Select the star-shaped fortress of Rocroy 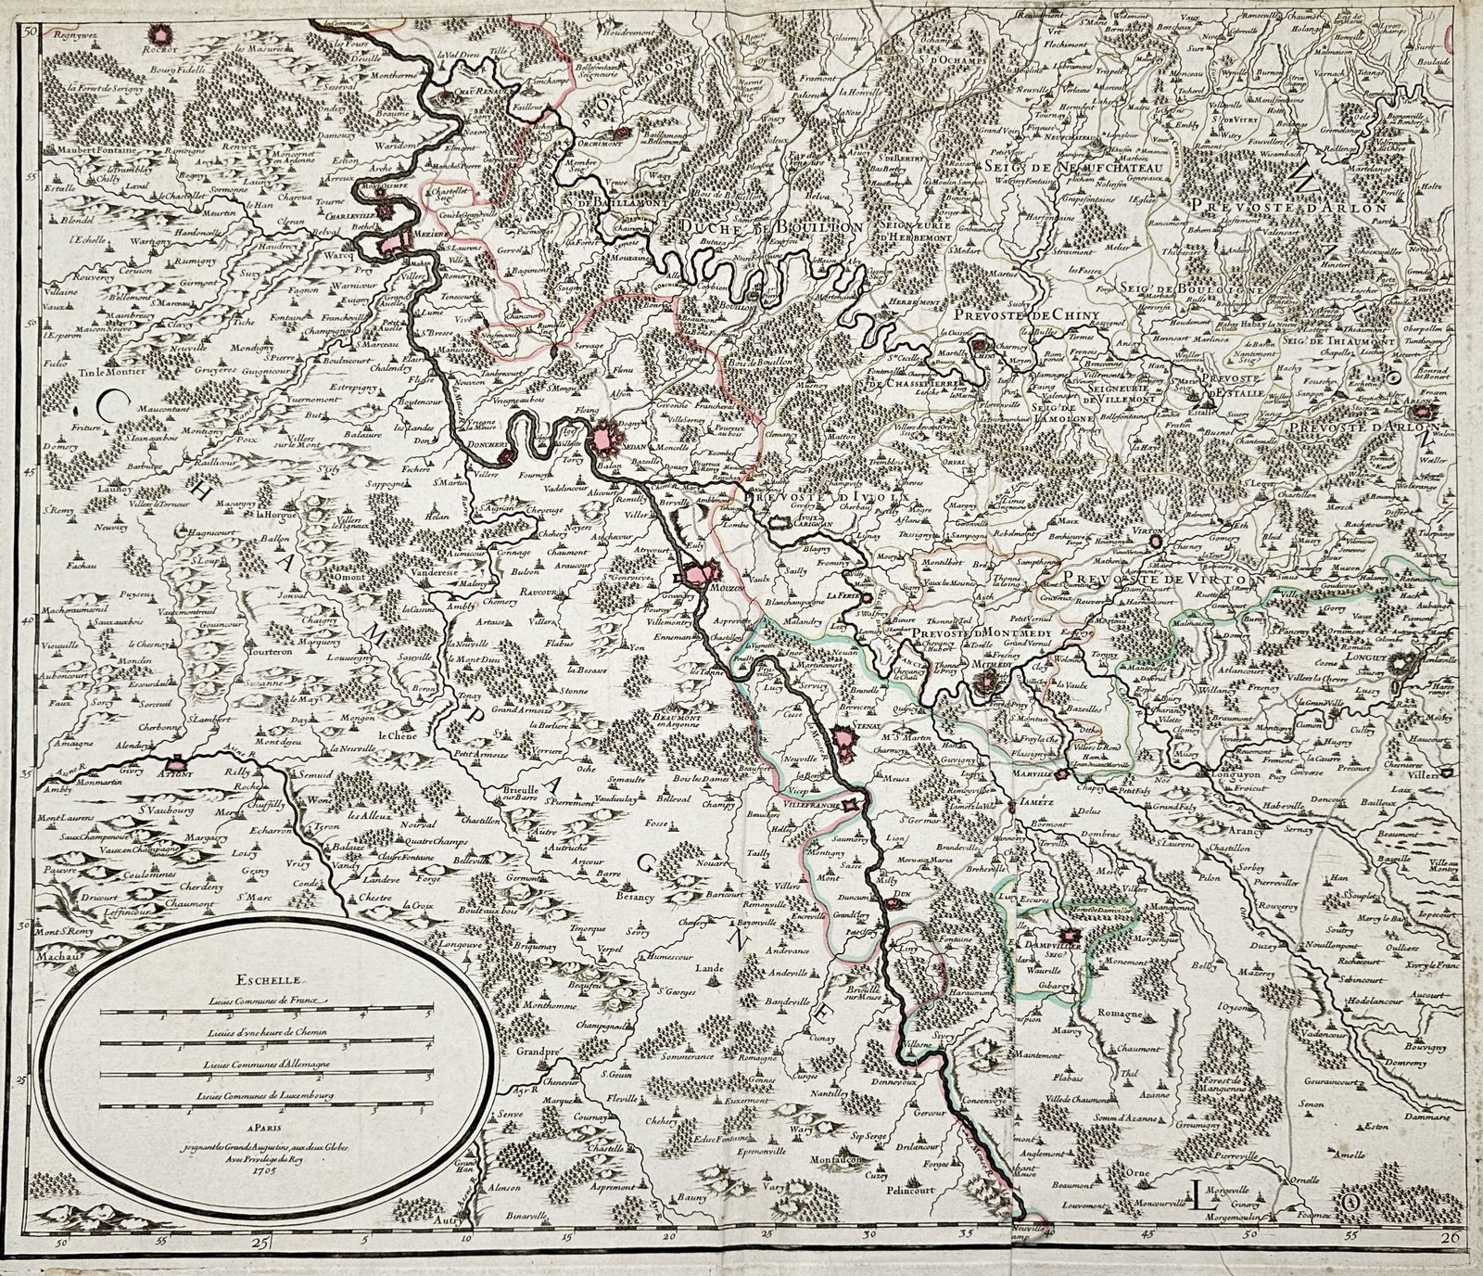pyautogui.click(x=165, y=33)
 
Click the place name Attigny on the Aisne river pyautogui.click(x=173, y=770)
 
